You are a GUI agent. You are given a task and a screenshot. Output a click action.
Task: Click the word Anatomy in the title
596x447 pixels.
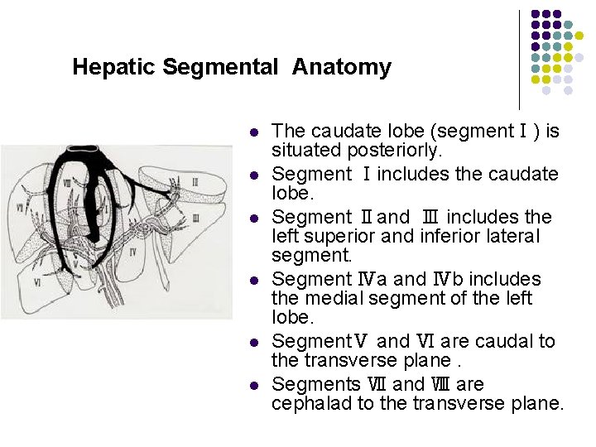click(341, 67)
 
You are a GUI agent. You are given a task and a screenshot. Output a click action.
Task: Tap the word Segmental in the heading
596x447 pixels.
click(220, 67)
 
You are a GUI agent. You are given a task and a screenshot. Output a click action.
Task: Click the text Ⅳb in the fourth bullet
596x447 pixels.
click(460, 279)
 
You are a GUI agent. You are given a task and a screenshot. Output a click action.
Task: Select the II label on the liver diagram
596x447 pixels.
click(195, 181)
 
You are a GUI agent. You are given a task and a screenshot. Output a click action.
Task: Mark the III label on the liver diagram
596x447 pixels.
click(195, 218)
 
